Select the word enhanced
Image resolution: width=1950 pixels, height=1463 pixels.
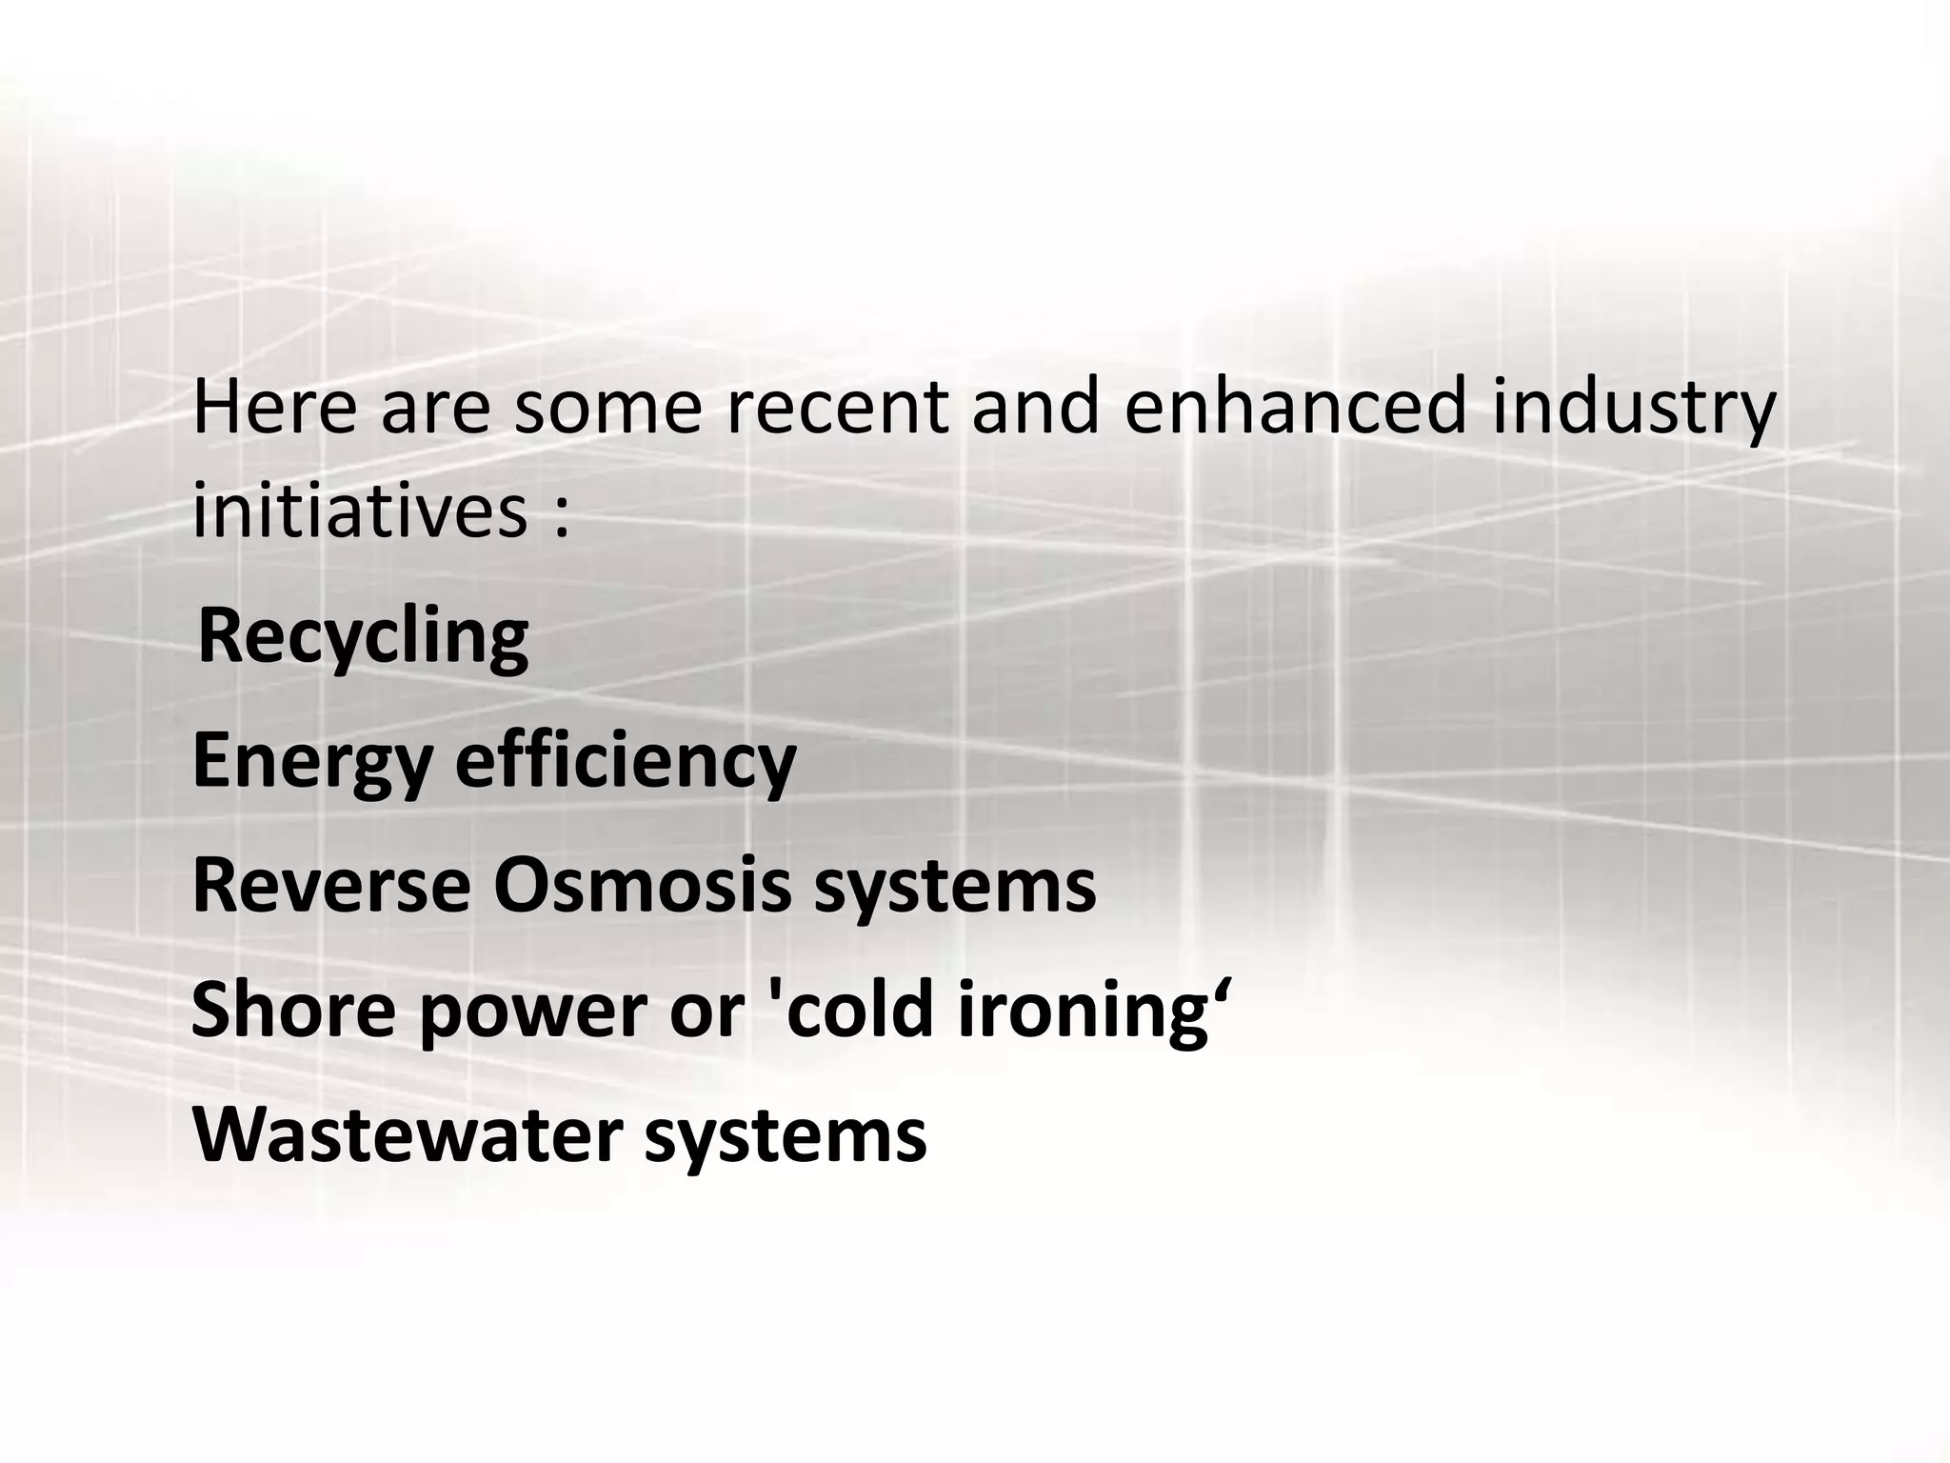1295,407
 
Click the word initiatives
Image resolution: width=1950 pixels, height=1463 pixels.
360,510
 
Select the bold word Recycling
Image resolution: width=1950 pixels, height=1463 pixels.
363,638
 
